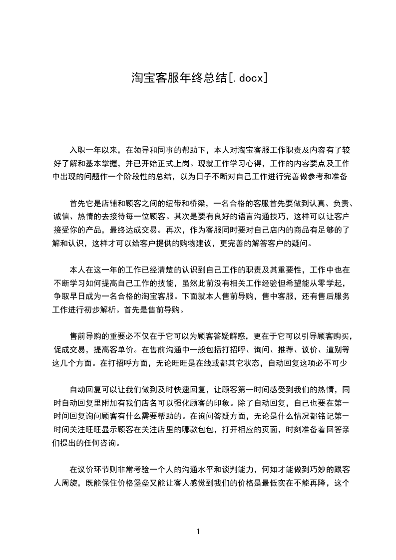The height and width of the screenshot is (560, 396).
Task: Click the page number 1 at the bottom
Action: coord(198,531)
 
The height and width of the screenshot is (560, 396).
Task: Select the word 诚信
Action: coord(61,217)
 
